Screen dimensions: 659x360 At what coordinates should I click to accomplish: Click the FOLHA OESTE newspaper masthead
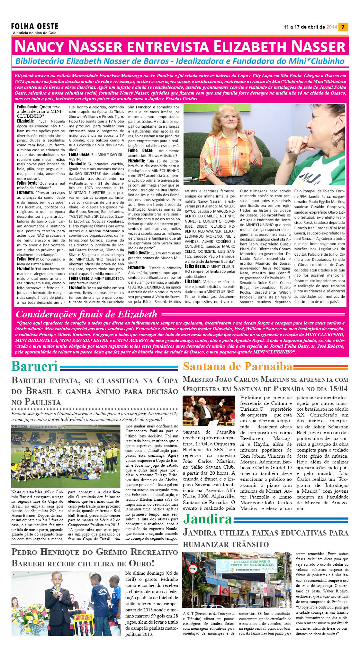point(35,26)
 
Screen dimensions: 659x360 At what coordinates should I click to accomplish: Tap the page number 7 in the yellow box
point(343,27)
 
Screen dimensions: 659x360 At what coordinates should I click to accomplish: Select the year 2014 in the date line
point(331,27)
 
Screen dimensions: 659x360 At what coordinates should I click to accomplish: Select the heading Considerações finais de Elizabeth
point(86,314)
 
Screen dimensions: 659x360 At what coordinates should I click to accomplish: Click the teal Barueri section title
point(34,366)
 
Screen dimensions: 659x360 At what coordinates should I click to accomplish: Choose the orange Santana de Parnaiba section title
point(238,366)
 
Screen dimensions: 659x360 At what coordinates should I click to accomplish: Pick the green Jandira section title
point(207,519)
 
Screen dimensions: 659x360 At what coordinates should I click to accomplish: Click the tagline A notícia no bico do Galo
point(35,33)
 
